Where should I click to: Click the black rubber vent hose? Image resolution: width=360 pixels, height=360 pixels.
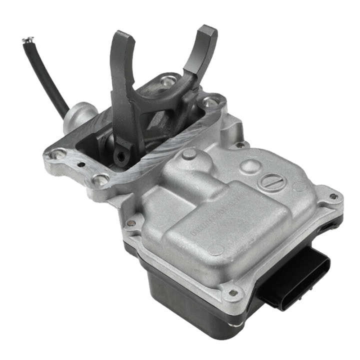point(47,75)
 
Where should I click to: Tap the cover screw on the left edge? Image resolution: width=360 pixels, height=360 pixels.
point(131,223)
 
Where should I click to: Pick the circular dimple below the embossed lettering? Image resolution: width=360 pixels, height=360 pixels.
point(216,249)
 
